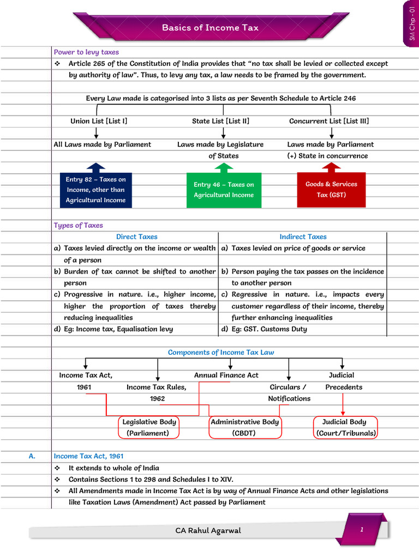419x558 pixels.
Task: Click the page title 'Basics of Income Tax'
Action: pyautogui.click(x=209, y=28)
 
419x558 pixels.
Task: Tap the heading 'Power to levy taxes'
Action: pyautogui.click(x=86, y=52)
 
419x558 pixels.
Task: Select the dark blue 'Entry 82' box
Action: pyautogui.click(x=95, y=190)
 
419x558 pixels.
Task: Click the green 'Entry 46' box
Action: pyautogui.click(x=224, y=190)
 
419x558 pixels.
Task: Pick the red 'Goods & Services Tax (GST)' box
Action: pyautogui.click(x=331, y=190)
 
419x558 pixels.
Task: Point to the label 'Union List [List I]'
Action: pyautogui.click(x=99, y=121)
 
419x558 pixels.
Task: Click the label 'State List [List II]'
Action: pyautogui.click(x=220, y=121)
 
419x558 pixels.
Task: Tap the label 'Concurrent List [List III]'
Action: pyautogui.click(x=329, y=121)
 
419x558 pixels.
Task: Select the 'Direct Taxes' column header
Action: pyautogui.click(x=136, y=236)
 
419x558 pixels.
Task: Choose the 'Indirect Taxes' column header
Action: pyautogui.click(x=303, y=236)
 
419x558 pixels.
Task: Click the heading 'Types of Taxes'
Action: pyautogui.click(x=78, y=225)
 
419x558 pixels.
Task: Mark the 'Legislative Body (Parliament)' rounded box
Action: pyautogui.click(x=149, y=427)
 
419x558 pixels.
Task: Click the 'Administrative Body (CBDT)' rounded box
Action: pyautogui.click(x=245, y=427)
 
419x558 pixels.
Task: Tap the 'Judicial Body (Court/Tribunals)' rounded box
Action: pyautogui.click(x=346, y=427)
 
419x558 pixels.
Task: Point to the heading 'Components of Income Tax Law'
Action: pyautogui.click(x=221, y=353)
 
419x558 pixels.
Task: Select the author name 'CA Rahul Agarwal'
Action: pyautogui.click(x=208, y=530)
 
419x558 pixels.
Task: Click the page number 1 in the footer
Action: pyautogui.click(x=361, y=529)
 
